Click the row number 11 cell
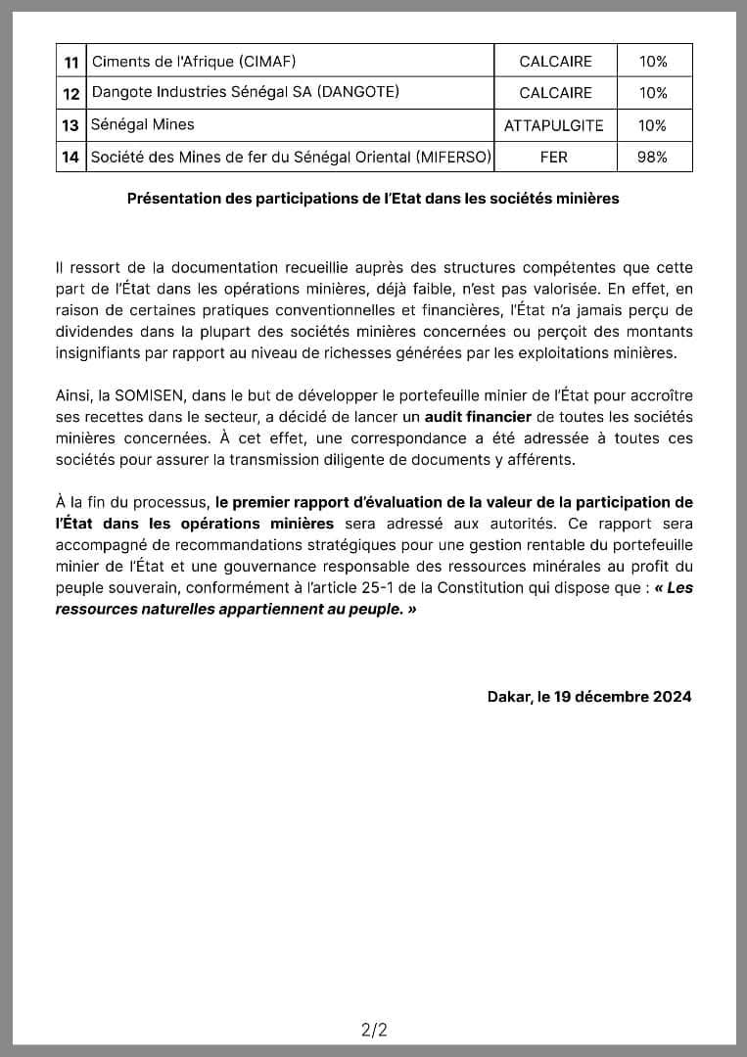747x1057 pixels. (x=71, y=62)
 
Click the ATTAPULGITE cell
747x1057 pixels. (x=554, y=125)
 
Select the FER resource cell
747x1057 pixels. (x=554, y=157)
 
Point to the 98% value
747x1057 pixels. (x=652, y=157)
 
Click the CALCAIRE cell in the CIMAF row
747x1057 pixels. (x=554, y=62)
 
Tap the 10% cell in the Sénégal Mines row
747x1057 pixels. (x=652, y=125)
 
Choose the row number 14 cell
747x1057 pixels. (x=71, y=157)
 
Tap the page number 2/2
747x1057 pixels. (x=373, y=1029)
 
